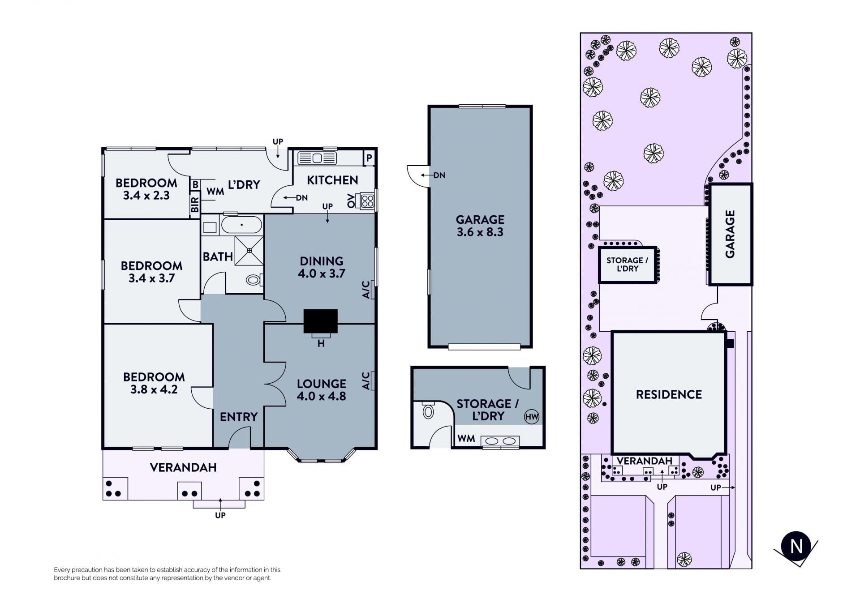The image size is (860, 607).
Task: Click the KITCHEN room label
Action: (332, 180)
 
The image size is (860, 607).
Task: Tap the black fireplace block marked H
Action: (321, 321)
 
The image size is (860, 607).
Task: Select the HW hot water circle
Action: (532, 417)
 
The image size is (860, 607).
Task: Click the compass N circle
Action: (796, 546)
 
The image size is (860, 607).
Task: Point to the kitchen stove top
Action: (367, 201)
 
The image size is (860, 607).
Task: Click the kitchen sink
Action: (317, 158)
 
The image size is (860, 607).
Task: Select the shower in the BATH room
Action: (249, 251)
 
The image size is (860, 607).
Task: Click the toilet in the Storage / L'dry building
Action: (428, 410)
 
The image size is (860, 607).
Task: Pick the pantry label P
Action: (369, 158)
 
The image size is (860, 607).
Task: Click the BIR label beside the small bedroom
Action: (195, 205)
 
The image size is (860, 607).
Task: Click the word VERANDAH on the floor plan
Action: (183, 467)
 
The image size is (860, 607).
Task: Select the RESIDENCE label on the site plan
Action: (669, 394)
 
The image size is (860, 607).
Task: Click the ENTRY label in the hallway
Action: (239, 417)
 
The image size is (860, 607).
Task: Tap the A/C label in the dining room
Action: (366, 290)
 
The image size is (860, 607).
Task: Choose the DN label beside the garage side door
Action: (439, 175)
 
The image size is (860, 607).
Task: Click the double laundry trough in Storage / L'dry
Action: (500, 441)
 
